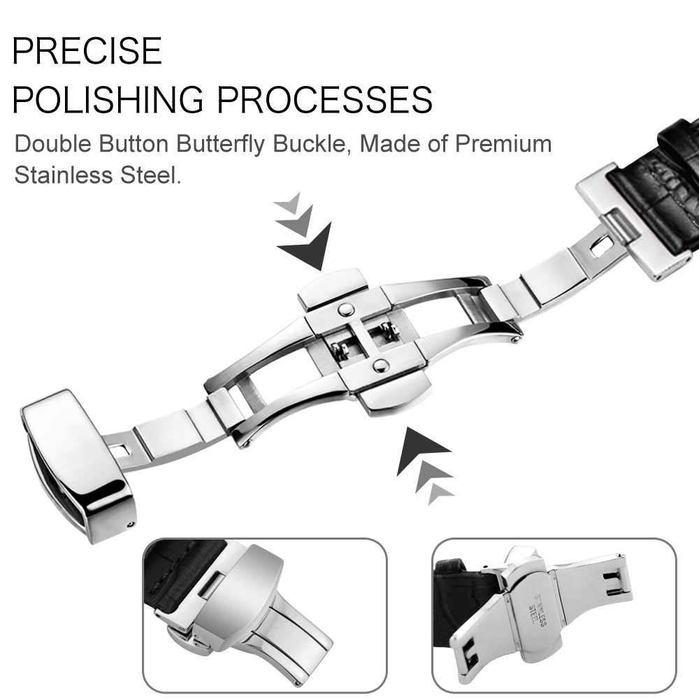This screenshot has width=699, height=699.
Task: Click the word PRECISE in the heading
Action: pyautogui.click(x=87, y=51)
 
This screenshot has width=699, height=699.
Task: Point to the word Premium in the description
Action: pyautogui.click(x=503, y=143)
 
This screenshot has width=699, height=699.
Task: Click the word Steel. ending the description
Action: pyautogui.click(x=151, y=175)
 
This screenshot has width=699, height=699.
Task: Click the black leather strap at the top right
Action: pyautogui.click(x=660, y=187)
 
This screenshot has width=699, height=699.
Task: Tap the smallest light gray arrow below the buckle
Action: pyautogui.click(x=440, y=493)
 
